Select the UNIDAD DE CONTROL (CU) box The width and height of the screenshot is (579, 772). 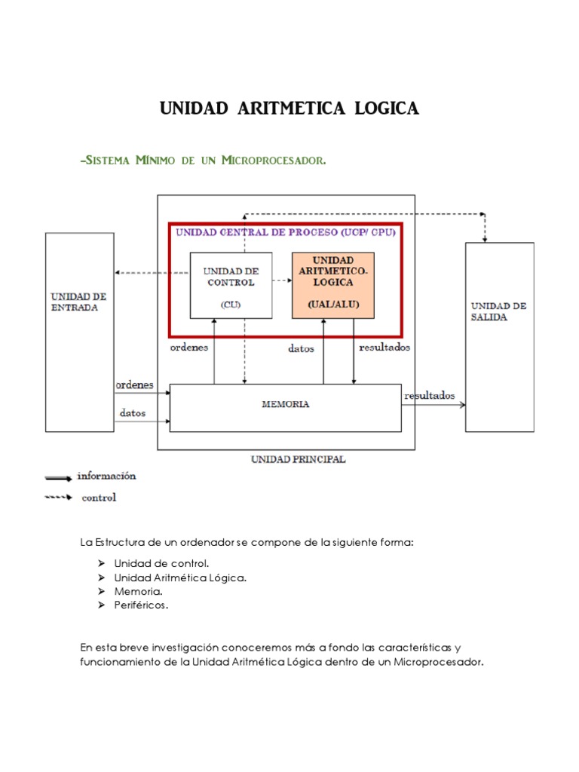[x=231, y=285]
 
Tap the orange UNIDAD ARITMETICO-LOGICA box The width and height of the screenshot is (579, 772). [x=332, y=285]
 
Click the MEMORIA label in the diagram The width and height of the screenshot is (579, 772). [x=285, y=404]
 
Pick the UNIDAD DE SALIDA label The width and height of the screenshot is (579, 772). [x=498, y=311]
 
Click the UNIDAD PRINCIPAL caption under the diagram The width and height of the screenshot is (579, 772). [x=298, y=458]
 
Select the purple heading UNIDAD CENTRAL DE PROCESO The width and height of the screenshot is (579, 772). [x=257, y=232]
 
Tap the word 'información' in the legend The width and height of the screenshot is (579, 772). [x=106, y=476]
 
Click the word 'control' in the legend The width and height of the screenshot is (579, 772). [x=99, y=498]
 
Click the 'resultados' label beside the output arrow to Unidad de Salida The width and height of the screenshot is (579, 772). [x=430, y=395]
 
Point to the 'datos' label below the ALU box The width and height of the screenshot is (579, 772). [x=302, y=348]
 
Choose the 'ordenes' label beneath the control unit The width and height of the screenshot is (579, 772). [x=189, y=348]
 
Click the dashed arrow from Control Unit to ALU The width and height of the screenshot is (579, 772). [x=282, y=280]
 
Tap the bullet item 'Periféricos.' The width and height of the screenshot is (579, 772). [x=141, y=605]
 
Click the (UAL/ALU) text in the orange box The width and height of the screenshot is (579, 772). [x=332, y=304]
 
